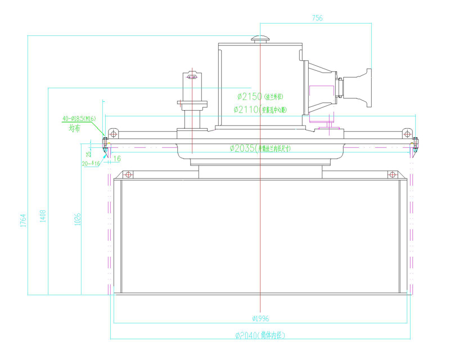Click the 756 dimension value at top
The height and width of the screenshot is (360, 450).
pos(317,19)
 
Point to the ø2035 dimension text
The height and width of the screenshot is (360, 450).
pos(242,148)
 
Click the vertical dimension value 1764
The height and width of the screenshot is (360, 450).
pos(23,220)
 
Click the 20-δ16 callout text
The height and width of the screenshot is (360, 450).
pos(91,164)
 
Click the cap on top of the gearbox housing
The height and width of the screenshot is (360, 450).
pos(260,39)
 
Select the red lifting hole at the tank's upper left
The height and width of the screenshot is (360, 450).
pos(128,174)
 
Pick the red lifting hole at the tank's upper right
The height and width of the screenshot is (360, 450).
pos(392,174)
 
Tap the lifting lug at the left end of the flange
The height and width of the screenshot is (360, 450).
pos(114,134)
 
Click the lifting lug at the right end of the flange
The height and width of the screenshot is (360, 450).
pos(406,134)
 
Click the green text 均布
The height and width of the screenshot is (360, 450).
pos(74,128)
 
